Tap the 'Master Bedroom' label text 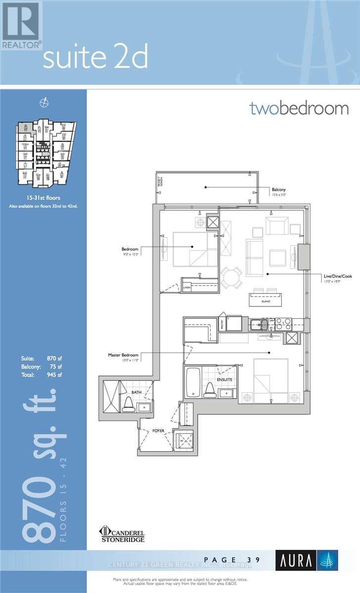(x=123, y=355)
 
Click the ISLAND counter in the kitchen (x=265, y=300)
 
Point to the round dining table (x=231, y=277)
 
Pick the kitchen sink (x=259, y=325)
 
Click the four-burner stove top (x=283, y=324)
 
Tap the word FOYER (x=158, y=430)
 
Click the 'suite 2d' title (x=95, y=58)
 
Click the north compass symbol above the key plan (x=44, y=102)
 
